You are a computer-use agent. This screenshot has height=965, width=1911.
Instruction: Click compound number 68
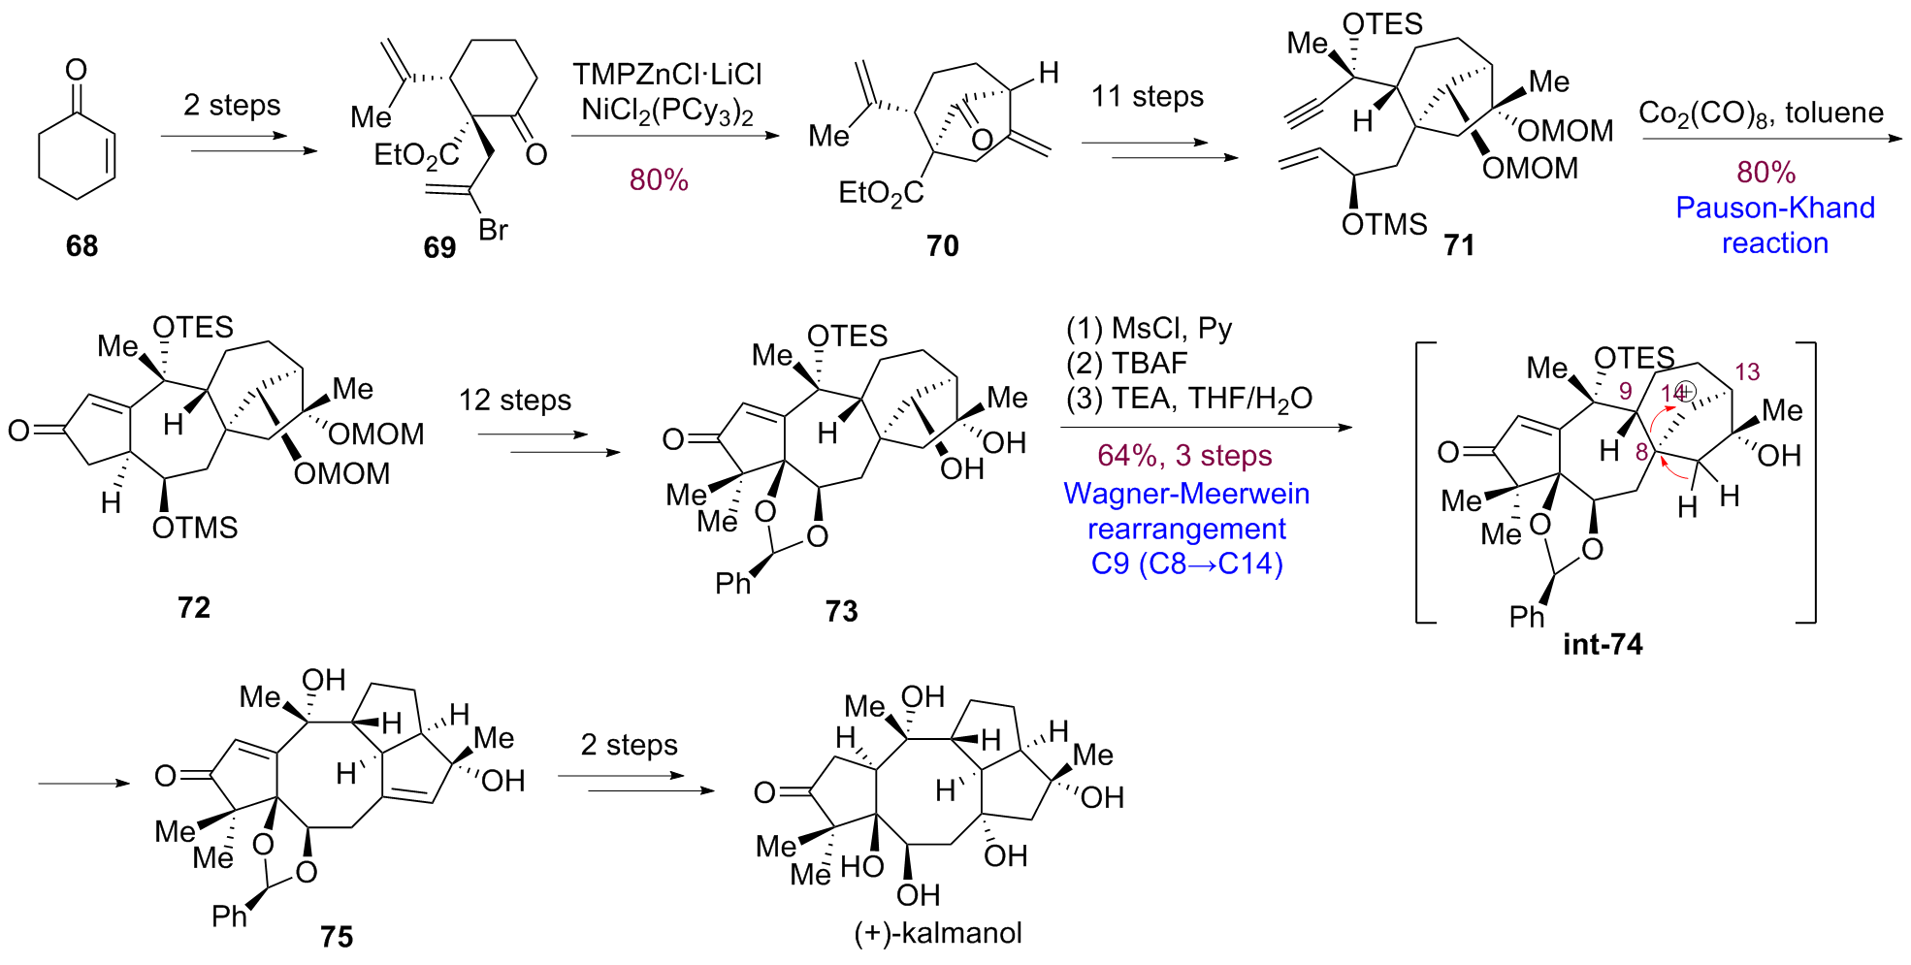tap(81, 246)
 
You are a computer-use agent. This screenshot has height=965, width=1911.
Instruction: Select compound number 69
tap(439, 248)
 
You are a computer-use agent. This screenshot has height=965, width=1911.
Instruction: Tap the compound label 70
tap(942, 246)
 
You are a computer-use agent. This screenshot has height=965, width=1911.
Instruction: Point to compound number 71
tap(1459, 245)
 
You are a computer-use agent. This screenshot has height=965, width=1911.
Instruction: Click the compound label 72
tap(194, 608)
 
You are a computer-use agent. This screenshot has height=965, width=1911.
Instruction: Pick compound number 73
tap(841, 612)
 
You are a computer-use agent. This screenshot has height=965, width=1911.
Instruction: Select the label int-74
tap(1603, 645)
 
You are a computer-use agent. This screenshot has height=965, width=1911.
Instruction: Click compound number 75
tap(337, 937)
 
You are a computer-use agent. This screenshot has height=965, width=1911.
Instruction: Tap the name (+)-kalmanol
tap(938, 933)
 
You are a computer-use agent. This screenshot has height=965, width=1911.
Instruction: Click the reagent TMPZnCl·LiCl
tap(667, 75)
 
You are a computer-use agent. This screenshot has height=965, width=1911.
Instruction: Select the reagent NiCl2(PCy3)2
tap(667, 112)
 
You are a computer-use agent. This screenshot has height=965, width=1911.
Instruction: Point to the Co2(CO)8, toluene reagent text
tap(1761, 113)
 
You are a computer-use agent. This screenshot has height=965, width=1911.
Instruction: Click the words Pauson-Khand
tap(1775, 208)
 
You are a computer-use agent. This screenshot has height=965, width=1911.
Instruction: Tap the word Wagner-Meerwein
tap(1186, 494)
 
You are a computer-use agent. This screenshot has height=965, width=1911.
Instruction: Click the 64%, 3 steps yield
tap(1184, 456)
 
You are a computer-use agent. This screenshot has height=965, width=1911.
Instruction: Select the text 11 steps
tap(1147, 97)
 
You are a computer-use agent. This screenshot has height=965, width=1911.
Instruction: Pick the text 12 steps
tap(515, 401)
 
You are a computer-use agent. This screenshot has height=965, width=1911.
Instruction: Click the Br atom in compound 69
tap(493, 231)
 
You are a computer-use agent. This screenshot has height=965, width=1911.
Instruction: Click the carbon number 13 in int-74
tap(1747, 372)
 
